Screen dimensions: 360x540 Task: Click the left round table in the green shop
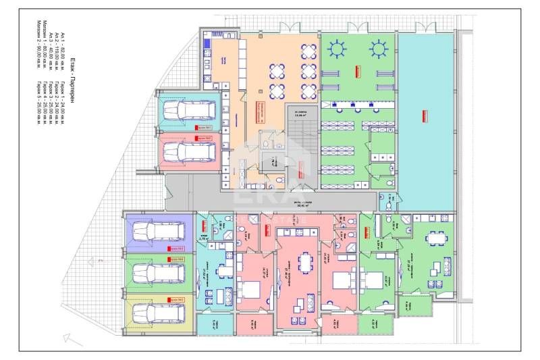coord(336,49)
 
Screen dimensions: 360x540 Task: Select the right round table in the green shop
coord(379,49)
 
